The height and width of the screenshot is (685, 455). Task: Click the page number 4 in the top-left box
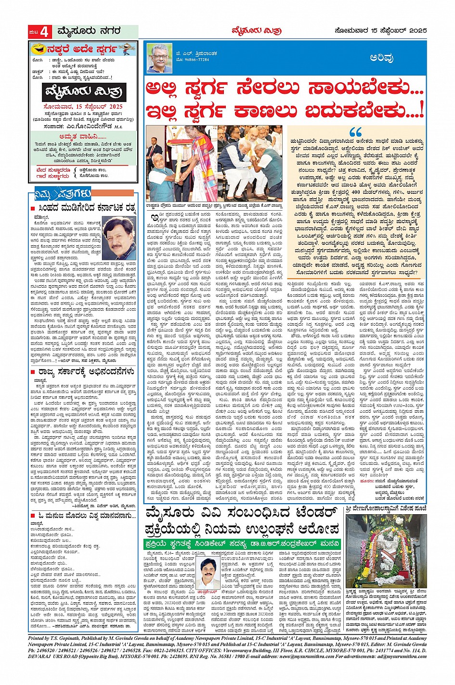click(x=44, y=32)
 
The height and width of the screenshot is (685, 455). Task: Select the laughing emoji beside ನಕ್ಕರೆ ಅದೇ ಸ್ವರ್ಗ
click(x=37, y=49)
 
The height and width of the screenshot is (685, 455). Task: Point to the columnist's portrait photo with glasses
click(x=159, y=58)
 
